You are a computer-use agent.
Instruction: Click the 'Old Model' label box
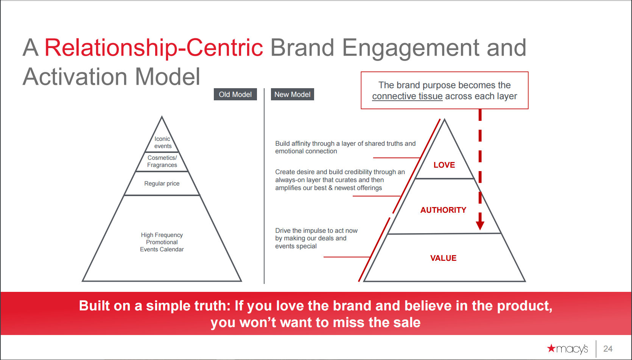point(235,94)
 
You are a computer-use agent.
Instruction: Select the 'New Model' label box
point(292,94)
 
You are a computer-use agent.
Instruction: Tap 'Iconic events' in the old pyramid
point(162,142)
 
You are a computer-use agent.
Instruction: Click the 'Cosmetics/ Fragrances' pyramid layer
point(162,161)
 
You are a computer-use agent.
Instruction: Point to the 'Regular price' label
point(162,183)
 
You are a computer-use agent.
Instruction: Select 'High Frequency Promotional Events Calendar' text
point(162,242)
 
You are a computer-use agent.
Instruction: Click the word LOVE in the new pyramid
point(444,165)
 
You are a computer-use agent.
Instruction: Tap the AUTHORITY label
point(443,210)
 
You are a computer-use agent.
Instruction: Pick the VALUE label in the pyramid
point(443,258)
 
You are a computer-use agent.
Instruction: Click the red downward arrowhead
point(480,225)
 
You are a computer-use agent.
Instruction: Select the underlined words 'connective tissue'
point(407,96)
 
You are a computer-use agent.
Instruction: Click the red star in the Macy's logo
point(551,348)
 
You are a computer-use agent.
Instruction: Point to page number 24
point(608,349)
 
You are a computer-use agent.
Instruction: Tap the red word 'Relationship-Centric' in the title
point(154,48)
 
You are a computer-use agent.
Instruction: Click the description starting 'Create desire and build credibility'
point(340,180)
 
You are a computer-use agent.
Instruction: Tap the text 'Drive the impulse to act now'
point(316,231)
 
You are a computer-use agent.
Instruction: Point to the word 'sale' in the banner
point(407,323)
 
